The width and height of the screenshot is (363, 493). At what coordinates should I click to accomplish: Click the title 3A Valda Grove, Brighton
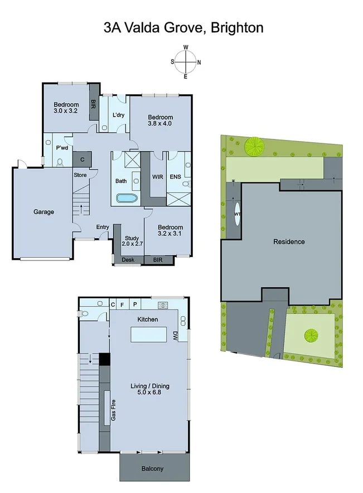(183, 27)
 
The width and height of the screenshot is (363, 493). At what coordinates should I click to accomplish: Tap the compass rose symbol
(186, 60)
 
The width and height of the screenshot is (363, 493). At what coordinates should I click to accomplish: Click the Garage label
(43, 212)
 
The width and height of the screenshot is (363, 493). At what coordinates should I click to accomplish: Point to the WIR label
(158, 177)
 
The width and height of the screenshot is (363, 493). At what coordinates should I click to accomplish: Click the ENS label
(175, 177)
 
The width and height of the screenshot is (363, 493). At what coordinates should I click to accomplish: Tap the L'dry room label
(118, 115)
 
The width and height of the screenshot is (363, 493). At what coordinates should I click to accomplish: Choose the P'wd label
(62, 148)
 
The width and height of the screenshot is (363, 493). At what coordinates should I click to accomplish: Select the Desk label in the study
(128, 260)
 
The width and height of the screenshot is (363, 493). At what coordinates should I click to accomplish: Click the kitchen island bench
(149, 335)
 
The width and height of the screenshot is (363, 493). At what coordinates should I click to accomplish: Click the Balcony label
(152, 469)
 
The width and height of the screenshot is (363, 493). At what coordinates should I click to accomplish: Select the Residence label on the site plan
(289, 241)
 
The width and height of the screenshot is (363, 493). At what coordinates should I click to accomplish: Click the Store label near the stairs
(80, 175)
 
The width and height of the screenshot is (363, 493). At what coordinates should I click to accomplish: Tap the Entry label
(103, 227)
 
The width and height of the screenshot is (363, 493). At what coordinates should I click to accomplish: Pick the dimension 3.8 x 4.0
(160, 124)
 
